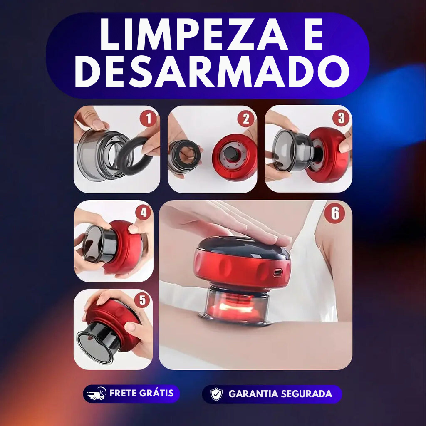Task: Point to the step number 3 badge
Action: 341,118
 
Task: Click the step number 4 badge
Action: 143,213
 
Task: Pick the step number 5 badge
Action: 142,300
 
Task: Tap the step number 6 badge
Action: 335,214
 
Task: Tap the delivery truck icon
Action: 97,394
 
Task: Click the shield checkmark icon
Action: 216,394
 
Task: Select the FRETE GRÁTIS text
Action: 141,393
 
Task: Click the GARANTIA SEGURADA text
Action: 280,394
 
